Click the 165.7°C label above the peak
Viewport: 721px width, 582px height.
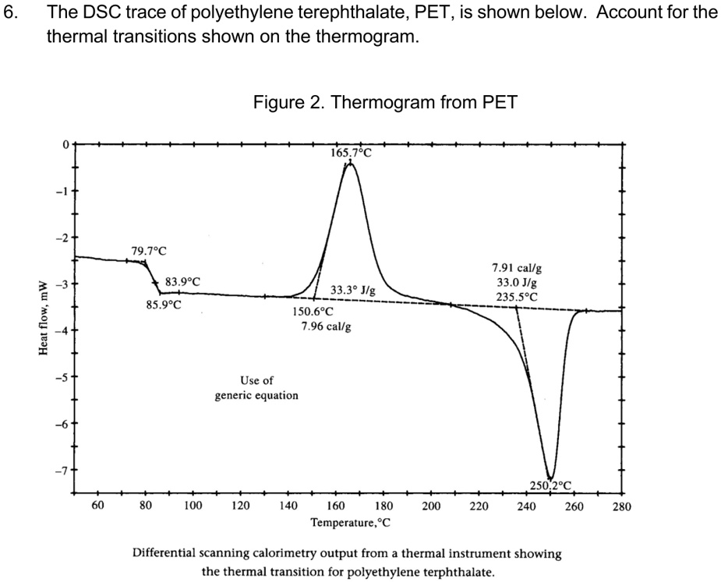[352, 153]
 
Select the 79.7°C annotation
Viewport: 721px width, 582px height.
[149, 251]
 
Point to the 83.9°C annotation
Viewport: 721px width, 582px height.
[182, 281]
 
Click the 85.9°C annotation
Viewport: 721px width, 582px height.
[164, 305]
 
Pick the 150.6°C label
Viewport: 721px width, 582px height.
[313, 312]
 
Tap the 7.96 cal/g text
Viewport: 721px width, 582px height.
[325, 326]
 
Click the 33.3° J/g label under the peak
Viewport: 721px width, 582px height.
[353, 290]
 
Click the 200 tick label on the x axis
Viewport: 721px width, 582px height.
[431, 506]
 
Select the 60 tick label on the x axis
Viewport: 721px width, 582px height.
[98, 506]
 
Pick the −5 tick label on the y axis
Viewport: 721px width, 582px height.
[66, 377]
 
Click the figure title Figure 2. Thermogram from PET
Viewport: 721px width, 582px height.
[384, 102]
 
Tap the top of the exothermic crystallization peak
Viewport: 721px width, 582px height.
[350, 163]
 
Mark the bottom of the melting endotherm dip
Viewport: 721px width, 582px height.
[550, 478]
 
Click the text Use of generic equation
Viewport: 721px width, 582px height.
[256, 388]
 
